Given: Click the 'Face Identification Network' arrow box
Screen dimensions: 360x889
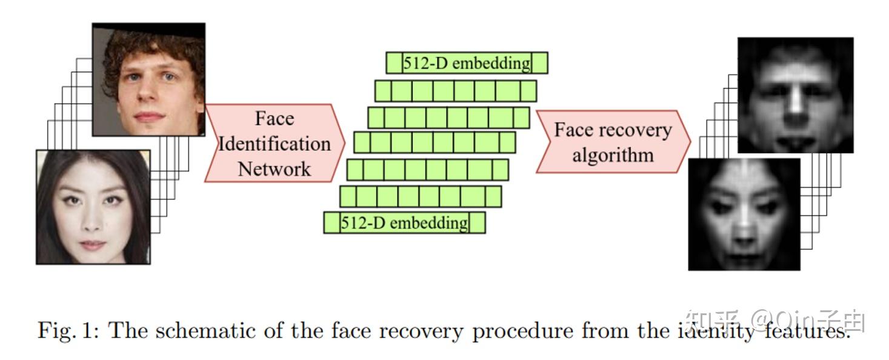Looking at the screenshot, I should [x=275, y=143].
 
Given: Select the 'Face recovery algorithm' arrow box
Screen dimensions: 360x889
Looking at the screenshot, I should [x=612, y=142].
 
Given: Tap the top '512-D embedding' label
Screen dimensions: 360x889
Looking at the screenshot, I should [x=467, y=63].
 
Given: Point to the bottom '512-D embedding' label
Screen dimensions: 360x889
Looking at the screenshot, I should [x=404, y=223].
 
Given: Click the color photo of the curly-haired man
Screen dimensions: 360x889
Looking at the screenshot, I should [x=148, y=79].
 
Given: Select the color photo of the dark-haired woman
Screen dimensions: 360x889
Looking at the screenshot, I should [x=93, y=207].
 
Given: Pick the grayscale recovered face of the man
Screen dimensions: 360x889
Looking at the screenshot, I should [x=795, y=95].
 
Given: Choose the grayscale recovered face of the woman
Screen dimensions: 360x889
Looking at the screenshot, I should [x=744, y=214].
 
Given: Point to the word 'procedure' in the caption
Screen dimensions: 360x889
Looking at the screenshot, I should [x=522, y=331].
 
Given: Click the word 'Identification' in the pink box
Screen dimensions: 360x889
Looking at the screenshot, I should [x=275, y=144].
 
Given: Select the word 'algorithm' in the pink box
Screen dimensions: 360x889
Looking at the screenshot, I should [x=613, y=155].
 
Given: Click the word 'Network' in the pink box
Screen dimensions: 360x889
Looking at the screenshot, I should [x=274, y=168].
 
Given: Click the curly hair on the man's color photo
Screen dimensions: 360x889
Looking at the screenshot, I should [x=148, y=45].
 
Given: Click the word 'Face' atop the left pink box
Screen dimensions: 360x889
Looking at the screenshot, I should [x=274, y=118].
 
